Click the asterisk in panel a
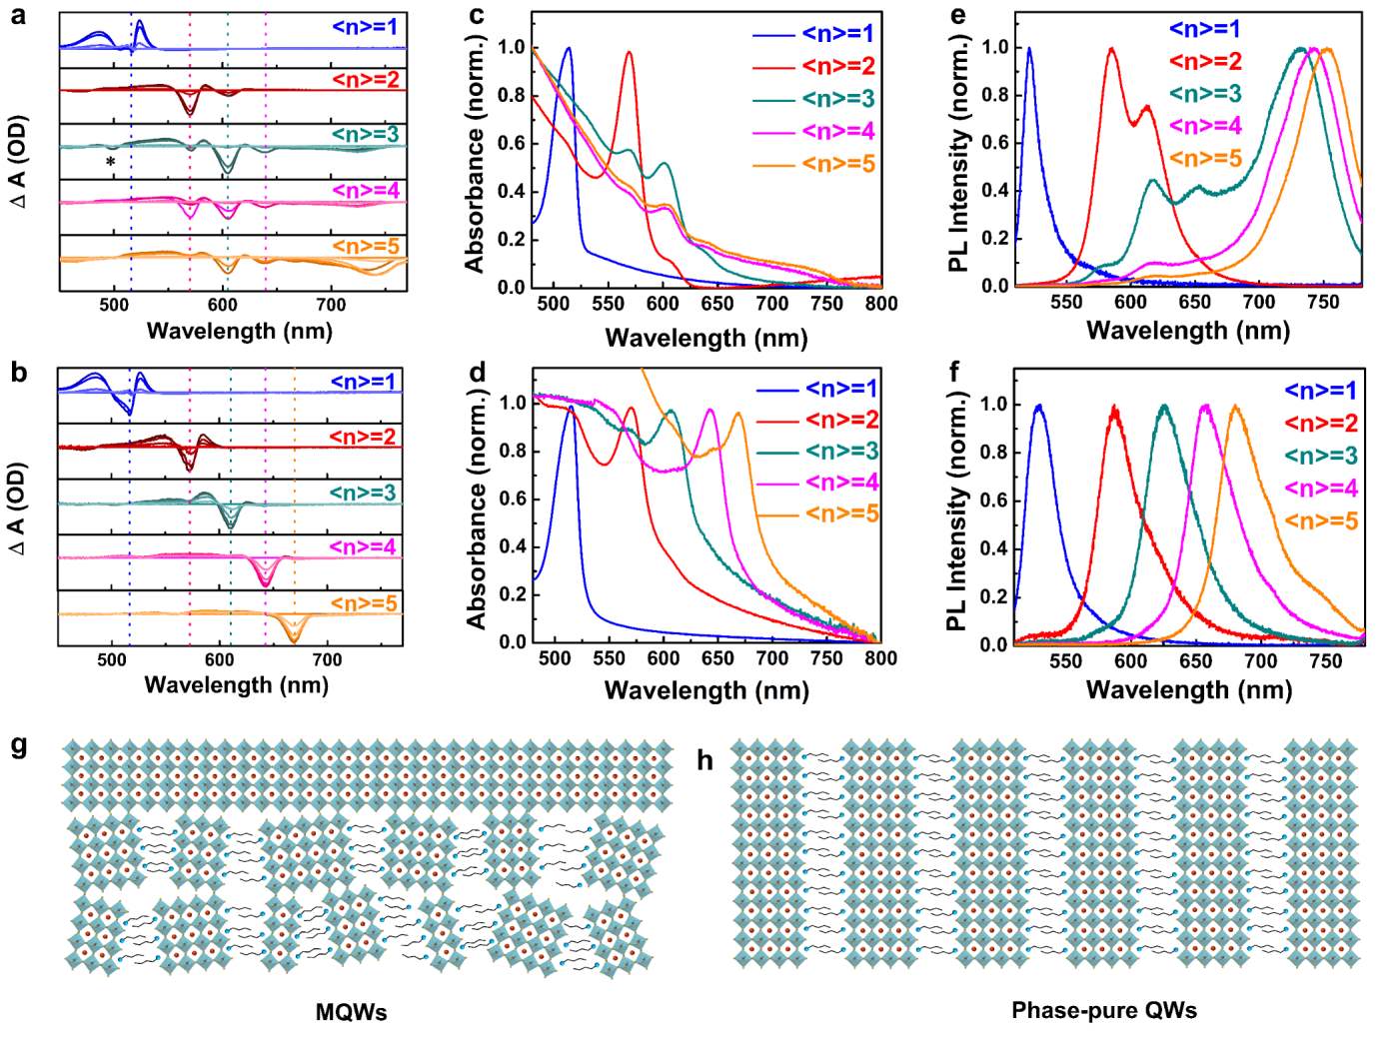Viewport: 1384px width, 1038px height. click(111, 162)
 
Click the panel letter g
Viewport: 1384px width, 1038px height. click(19, 746)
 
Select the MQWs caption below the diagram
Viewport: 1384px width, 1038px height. click(351, 1012)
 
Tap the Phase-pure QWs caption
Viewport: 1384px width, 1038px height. click(1103, 1010)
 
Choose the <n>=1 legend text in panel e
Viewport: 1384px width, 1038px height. click(1205, 29)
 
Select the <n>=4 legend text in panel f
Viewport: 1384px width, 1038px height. click(1320, 489)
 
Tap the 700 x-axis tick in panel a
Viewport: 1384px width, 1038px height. click(331, 305)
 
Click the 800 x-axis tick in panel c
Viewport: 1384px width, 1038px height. click(880, 304)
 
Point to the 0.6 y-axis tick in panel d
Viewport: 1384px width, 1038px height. click(513, 499)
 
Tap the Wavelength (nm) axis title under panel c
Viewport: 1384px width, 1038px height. click(705, 338)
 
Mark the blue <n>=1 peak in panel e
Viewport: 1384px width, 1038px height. click(1029, 48)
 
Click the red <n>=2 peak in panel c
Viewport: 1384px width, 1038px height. click(629, 52)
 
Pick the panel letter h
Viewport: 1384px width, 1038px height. click(704, 761)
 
